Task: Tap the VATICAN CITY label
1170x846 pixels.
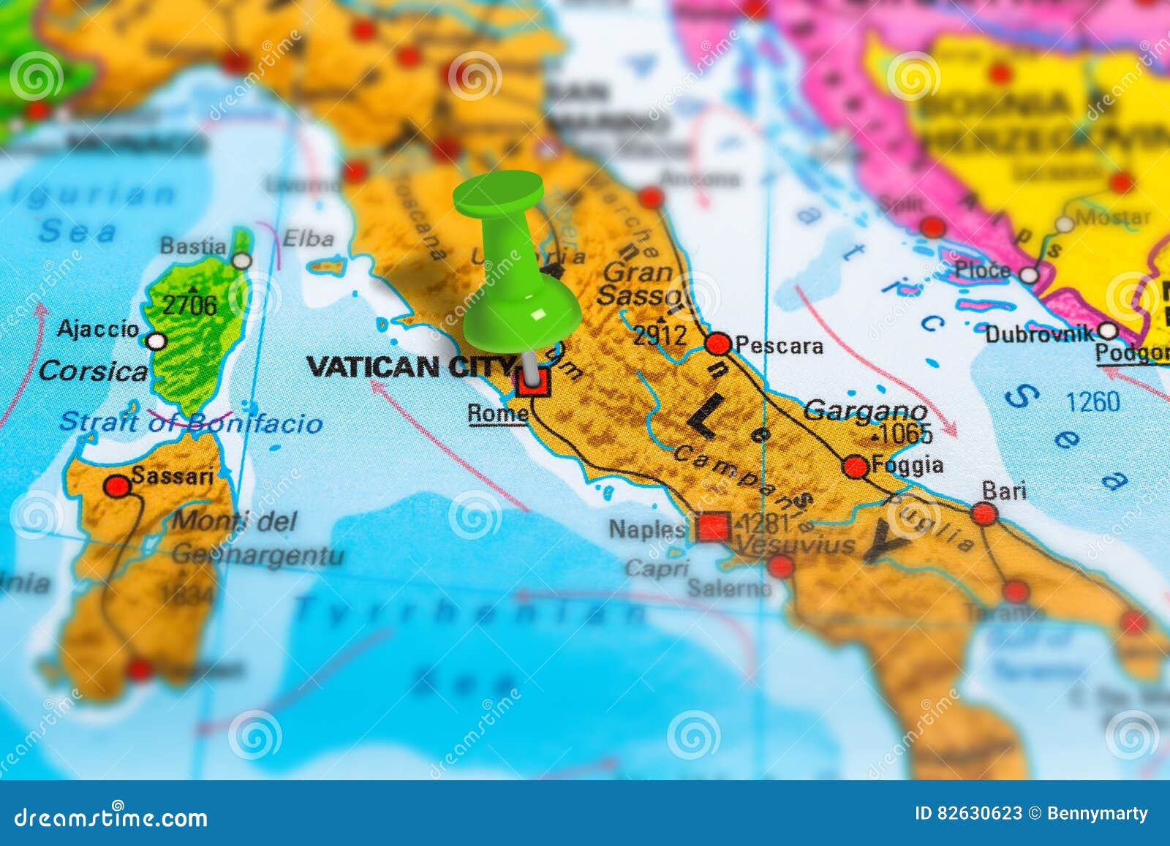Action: click(x=409, y=366)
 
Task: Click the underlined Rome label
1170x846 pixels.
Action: click(x=497, y=414)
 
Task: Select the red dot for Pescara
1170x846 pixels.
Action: click(x=718, y=344)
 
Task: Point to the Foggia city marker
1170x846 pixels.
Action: click(x=856, y=466)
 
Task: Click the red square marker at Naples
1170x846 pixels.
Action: click(x=713, y=526)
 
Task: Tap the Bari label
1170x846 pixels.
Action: click(x=1003, y=491)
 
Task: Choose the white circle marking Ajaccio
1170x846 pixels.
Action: click(x=156, y=341)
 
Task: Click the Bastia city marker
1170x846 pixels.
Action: click(x=241, y=260)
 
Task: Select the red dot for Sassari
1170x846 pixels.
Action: click(x=117, y=486)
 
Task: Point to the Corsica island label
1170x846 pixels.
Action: click(x=93, y=371)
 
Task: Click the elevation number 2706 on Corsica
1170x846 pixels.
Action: click(x=189, y=305)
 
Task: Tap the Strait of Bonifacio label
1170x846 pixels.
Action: click(x=190, y=423)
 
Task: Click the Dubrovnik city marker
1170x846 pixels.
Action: click(x=1108, y=331)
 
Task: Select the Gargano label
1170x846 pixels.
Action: click(x=865, y=411)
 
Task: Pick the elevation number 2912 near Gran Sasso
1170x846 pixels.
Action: click(x=660, y=336)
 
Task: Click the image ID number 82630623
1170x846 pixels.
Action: click(x=980, y=814)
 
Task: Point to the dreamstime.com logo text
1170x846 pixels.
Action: click(x=111, y=817)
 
